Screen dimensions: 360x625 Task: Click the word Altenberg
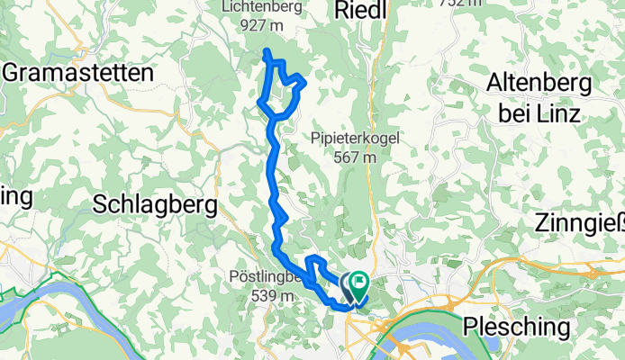tap(538, 84)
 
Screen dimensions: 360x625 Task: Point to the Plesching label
tap(517, 324)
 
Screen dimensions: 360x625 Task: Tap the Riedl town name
tap(360, 10)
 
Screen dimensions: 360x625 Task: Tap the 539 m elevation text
tap(252, 295)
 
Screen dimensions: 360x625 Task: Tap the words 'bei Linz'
tap(539, 113)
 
